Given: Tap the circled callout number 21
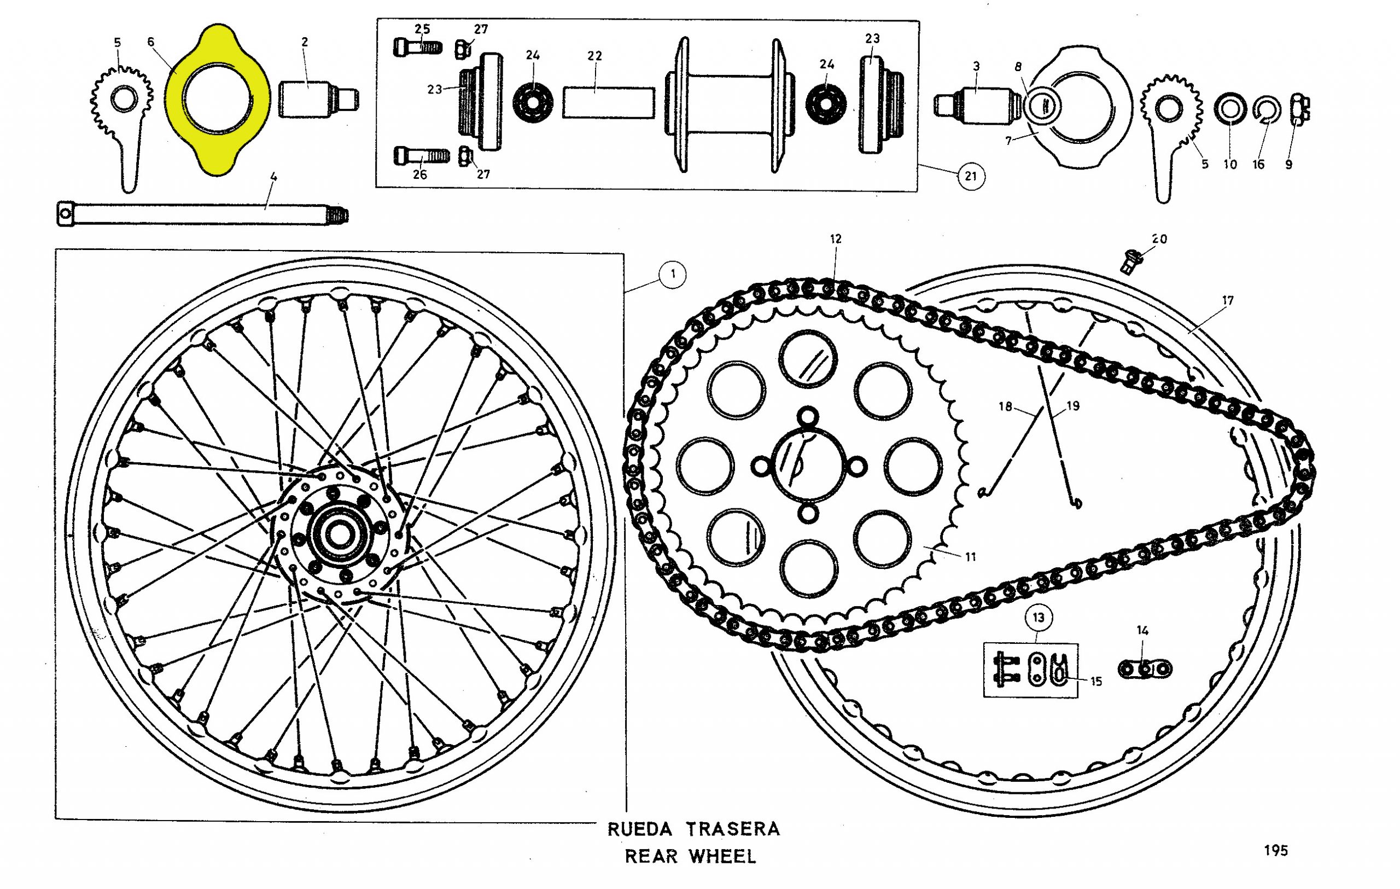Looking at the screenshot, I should pyautogui.click(x=970, y=176).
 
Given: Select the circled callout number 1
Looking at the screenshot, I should pyautogui.click(x=673, y=274).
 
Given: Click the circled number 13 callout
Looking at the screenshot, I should pyautogui.click(x=1039, y=618).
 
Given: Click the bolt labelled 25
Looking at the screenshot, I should pyautogui.click(x=417, y=47).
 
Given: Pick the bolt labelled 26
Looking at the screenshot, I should pyautogui.click(x=422, y=156).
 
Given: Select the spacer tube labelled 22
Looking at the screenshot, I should pyautogui.click(x=608, y=102).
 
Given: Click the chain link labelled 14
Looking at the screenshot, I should pyautogui.click(x=1145, y=669).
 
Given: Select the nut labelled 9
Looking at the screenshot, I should pyautogui.click(x=1299, y=109).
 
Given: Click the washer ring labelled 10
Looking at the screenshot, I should pyautogui.click(x=1230, y=109).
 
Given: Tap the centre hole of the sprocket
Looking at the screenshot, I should pyautogui.click(x=808, y=466).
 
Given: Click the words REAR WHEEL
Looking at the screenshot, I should pyautogui.click(x=690, y=856).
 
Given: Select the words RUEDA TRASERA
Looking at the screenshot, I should pyautogui.click(x=693, y=829).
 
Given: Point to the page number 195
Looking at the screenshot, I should pyautogui.click(x=1275, y=851).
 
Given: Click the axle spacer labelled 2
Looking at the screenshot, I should pyautogui.click(x=317, y=100).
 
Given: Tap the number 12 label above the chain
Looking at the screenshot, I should pyautogui.click(x=836, y=239).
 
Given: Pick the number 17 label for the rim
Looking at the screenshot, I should pyautogui.click(x=1227, y=300).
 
